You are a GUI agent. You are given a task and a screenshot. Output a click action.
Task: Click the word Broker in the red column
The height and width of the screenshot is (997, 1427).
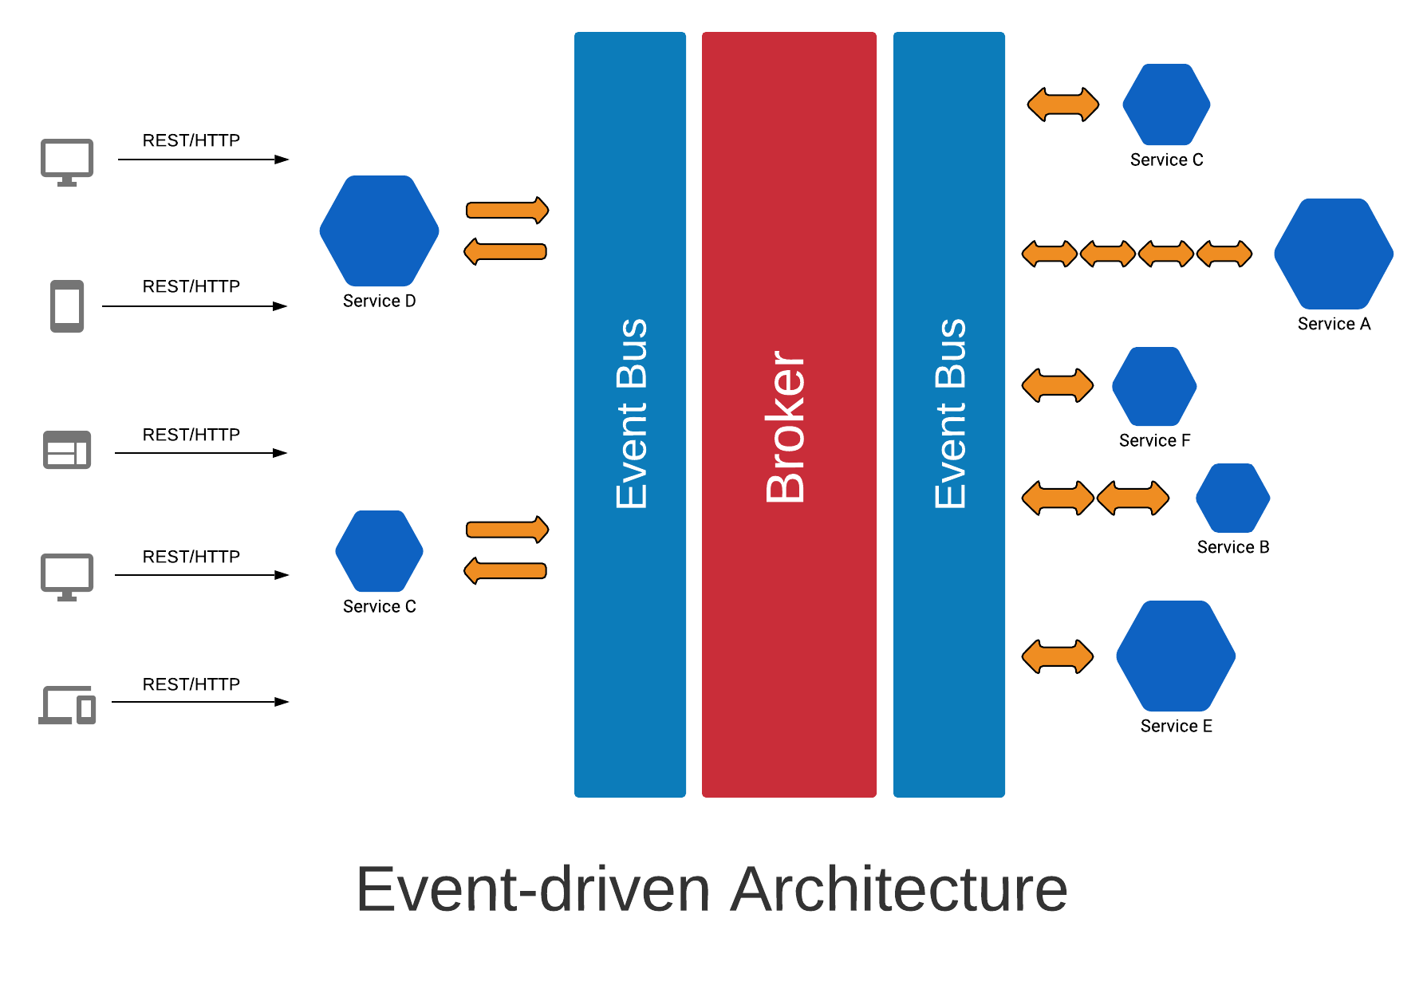pyautogui.click(x=786, y=427)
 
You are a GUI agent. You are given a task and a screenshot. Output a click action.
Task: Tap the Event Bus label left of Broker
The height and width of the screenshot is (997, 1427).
pyautogui.click(x=632, y=414)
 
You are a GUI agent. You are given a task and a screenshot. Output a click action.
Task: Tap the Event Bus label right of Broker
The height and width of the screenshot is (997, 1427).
pyautogui.click(x=950, y=414)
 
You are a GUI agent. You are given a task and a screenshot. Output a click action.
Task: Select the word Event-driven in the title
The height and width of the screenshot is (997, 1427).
pyautogui.click(x=532, y=889)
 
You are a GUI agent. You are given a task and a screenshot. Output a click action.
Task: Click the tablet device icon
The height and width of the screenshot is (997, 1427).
pyautogui.click(x=67, y=306)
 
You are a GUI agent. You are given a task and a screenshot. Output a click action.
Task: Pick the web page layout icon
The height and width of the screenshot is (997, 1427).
pyautogui.click(x=67, y=450)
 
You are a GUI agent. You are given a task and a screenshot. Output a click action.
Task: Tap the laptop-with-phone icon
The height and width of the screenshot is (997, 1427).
pyautogui.click(x=67, y=705)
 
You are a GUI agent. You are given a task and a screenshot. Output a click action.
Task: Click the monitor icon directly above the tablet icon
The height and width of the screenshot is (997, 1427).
pyautogui.click(x=67, y=163)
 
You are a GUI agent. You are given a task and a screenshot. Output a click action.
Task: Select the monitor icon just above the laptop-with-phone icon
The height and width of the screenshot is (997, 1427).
pyautogui.click(x=67, y=577)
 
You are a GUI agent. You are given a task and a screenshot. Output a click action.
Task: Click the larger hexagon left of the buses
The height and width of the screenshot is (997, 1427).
pyautogui.click(x=379, y=231)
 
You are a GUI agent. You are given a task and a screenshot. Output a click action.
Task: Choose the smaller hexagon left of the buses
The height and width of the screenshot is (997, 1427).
pyautogui.click(x=379, y=551)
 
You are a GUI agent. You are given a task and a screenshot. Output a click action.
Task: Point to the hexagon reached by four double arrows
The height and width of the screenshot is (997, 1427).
pyautogui.click(x=1333, y=254)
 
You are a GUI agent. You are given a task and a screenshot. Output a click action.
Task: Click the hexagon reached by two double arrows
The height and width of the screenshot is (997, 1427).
pyautogui.click(x=1232, y=498)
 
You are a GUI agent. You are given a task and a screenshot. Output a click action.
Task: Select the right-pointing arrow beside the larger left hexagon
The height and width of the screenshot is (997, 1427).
pyautogui.click(x=507, y=211)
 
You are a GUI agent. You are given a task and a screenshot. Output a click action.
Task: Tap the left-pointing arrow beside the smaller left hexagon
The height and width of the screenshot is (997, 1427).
pyautogui.click(x=506, y=571)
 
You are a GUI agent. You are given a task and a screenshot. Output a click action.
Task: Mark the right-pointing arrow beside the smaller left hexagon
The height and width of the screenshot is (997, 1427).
pyautogui.click(x=507, y=530)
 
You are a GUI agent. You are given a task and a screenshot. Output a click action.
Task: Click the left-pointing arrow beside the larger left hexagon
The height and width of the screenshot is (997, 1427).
pyautogui.click(x=506, y=252)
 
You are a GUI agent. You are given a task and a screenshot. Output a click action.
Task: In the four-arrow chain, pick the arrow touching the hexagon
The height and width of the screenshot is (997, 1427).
pyautogui.click(x=1224, y=254)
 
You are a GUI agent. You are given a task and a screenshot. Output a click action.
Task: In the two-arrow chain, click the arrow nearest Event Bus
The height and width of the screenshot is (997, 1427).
pyautogui.click(x=1058, y=498)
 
